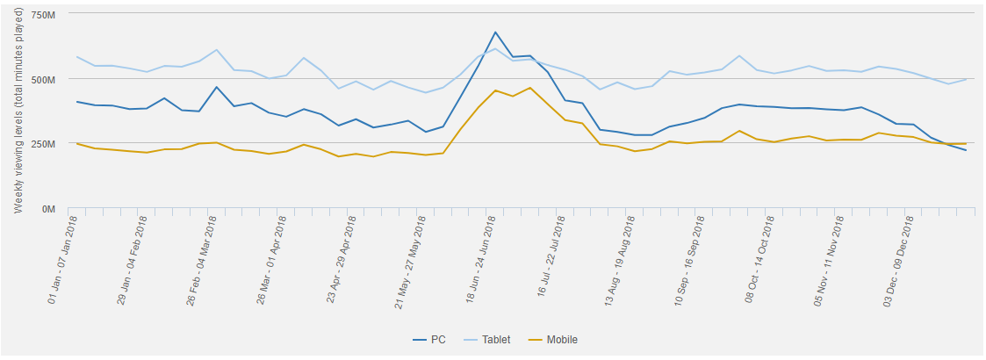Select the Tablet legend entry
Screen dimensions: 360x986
pyautogui.click(x=493, y=340)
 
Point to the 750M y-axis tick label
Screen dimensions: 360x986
pyautogui.click(x=42, y=16)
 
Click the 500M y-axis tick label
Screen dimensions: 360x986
pyautogui.click(x=42, y=80)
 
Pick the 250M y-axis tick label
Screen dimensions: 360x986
pyautogui.click(x=42, y=144)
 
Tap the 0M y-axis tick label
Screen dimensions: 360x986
pyautogui.click(x=48, y=209)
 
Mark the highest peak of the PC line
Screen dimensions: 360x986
pyautogui.click(x=495, y=32)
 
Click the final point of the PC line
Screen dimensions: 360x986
pyautogui.click(x=966, y=150)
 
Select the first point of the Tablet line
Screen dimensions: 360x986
pyautogui.click(x=77, y=57)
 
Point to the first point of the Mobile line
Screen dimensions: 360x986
pyautogui.click(x=77, y=143)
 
